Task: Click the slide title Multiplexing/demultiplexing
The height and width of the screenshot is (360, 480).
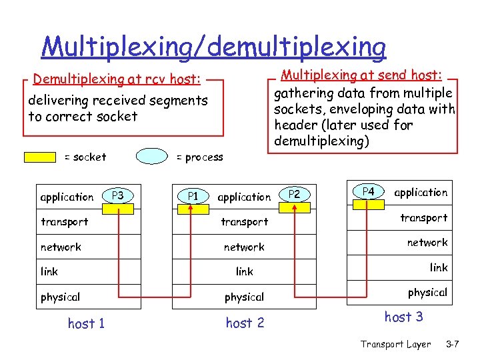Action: pyautogui.click(x=213, y=47)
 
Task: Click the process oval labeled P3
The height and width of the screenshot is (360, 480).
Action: pyautogui.click(x=118, y=195)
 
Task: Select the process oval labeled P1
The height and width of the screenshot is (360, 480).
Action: pyautogui.click(x=193, y=196)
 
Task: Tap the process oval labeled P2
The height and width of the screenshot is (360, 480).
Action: pyautogui.click(x=295, y=194)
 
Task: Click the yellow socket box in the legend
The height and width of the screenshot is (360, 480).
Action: pyautogui.click(x=40, y=157)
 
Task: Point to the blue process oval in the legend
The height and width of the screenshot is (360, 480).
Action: pyautogui.click(x=152, y=157)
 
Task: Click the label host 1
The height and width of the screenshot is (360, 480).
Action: pyautogui.click(x=86, y=324)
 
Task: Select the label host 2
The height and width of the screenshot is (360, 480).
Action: pyautogui.click(x=245, y=323)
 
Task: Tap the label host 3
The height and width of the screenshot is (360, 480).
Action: pyautogui.click(x=403, y=317)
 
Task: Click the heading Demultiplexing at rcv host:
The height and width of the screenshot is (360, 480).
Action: pyautogui.click(x=117, y=79)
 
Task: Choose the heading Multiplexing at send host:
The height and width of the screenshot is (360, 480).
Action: pyautogui.click(x=364, y=76)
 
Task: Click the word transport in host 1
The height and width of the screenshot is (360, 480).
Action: pyautogui.click(x=65, y=221)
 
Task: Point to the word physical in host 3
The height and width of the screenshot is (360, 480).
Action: pyautogui.click(x=427, y=292)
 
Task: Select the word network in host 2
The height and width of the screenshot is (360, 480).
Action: pyautogui.click(x=244, y=247)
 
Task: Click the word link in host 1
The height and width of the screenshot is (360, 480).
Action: pyautogui.click(x=49, y=271)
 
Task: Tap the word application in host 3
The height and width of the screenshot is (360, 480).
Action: pyautogui.click(x=421, y=193)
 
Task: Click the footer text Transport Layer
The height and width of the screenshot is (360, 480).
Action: pyautogui.click(x=395, y=344)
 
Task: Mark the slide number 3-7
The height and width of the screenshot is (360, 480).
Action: pyautogui.click(x=453, y=344)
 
